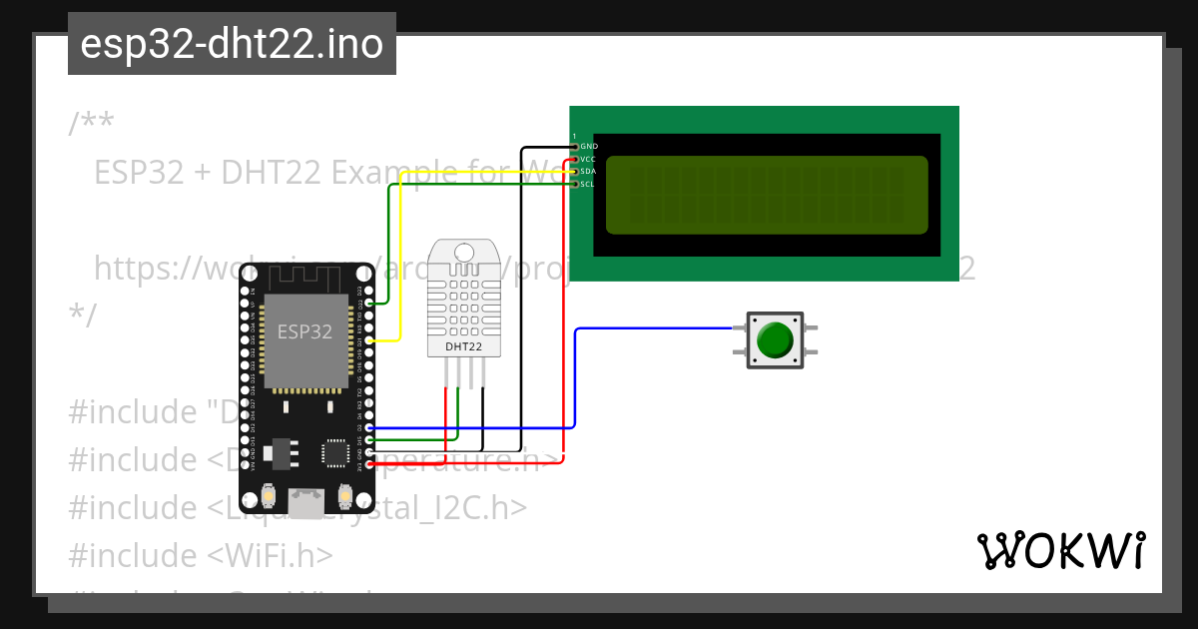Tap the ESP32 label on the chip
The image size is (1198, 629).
304,332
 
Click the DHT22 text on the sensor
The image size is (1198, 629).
463,346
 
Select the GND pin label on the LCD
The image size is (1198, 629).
589,146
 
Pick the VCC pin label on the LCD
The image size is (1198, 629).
589,159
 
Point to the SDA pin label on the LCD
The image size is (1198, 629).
589,172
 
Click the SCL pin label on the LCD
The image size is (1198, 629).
589,184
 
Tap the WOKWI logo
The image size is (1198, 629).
1060,550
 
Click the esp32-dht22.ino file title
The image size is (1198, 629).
232,44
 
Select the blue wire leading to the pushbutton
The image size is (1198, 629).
649,328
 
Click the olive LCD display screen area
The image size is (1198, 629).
766,194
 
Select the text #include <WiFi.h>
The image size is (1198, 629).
201,555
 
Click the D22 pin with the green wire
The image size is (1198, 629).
369,303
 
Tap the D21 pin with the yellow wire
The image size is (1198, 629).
369,340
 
